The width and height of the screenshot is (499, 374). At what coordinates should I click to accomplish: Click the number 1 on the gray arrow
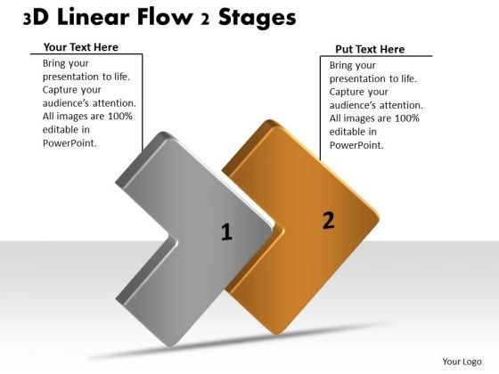click(x=226, y=232)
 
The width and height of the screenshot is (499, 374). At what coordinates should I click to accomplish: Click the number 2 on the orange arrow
click(x=328, y=221)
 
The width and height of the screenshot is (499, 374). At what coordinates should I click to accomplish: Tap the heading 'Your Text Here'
click(x=80, y=47)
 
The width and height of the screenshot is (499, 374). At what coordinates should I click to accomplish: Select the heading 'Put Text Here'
click(x=369, y=50)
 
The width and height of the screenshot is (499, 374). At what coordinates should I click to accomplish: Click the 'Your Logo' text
click(x=462, y=361)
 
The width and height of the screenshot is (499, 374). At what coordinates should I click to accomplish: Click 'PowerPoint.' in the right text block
click(x=356, y=145)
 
